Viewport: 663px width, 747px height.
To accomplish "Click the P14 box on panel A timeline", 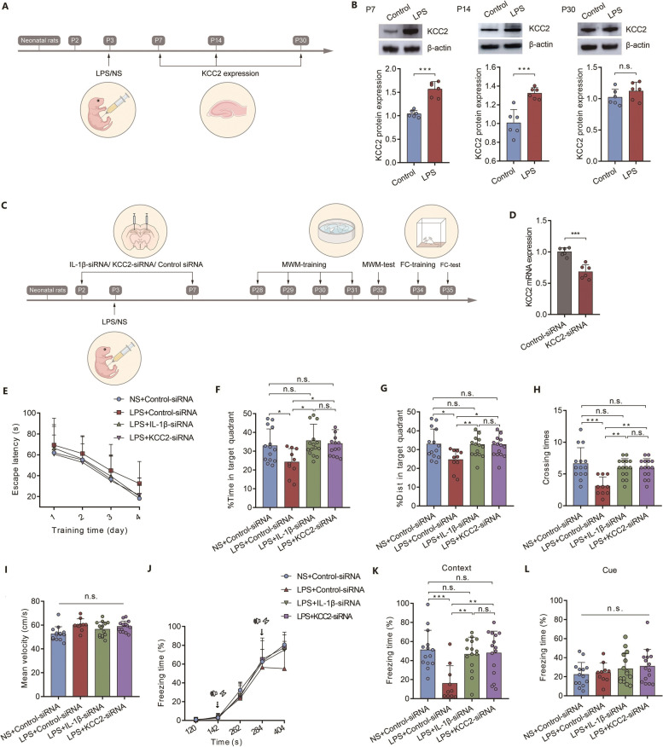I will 216,40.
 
